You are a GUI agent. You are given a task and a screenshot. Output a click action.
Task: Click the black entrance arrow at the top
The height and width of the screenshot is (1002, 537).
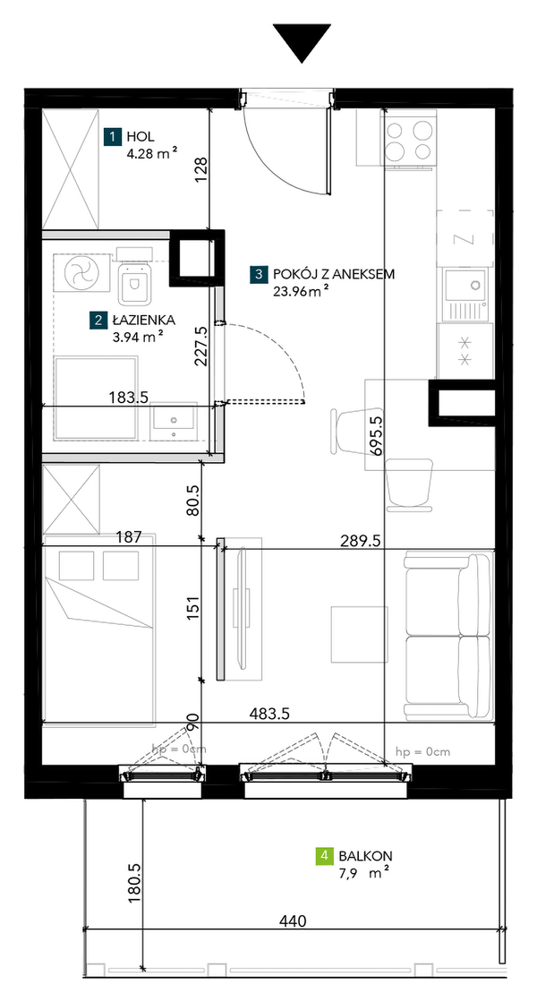302,41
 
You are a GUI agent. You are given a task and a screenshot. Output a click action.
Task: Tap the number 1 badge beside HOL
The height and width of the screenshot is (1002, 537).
113,136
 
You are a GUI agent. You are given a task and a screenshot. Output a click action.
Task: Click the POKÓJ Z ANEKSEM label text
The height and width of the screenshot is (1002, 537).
334,275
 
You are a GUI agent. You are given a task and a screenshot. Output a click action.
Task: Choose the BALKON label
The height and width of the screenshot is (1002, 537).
366,855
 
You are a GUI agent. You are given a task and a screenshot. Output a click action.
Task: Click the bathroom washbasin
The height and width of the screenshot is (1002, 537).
174,421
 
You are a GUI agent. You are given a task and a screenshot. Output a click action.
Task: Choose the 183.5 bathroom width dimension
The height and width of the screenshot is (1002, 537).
130,398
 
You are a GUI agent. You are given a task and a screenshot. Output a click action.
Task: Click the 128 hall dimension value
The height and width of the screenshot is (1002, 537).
201,171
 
